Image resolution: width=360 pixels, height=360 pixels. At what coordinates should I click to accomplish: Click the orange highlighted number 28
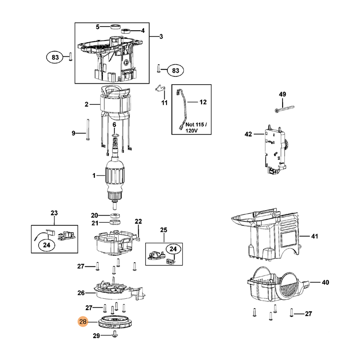(83, 322)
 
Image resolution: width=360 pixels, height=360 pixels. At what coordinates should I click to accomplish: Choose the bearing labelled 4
(126, 31)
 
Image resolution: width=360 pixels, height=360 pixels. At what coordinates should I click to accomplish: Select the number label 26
(81, 293)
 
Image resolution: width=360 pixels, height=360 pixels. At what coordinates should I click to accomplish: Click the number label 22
(138, 221)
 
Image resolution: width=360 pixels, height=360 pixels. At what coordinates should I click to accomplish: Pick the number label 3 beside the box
(161, 36)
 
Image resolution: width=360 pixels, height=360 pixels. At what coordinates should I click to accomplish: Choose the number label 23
(54, 213)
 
